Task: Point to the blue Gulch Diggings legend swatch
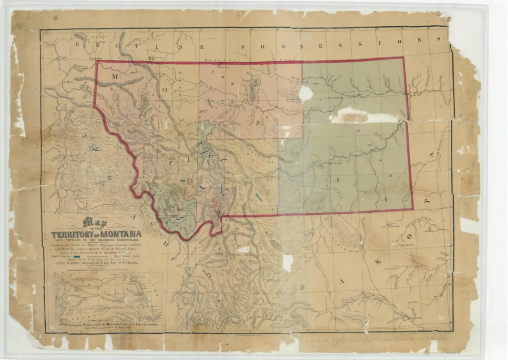coord(77,256)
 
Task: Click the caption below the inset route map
coord(109,325)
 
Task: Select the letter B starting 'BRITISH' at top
coord(78,44)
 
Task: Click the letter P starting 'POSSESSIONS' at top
coord(239,46)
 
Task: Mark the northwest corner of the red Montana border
coord(97,62)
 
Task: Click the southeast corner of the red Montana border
coord(413,209)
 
